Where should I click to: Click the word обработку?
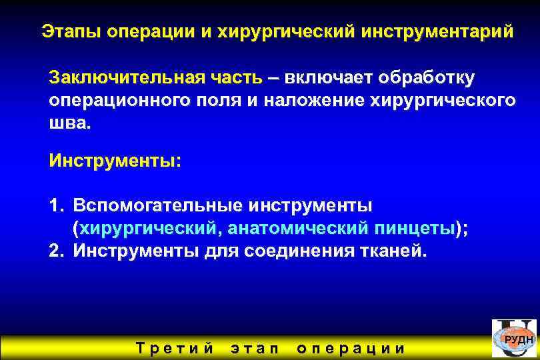tap(427, 77)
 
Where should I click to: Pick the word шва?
tap(68, 123)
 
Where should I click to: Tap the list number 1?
tap(55, 204)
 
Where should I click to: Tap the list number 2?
tap(55, 251)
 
